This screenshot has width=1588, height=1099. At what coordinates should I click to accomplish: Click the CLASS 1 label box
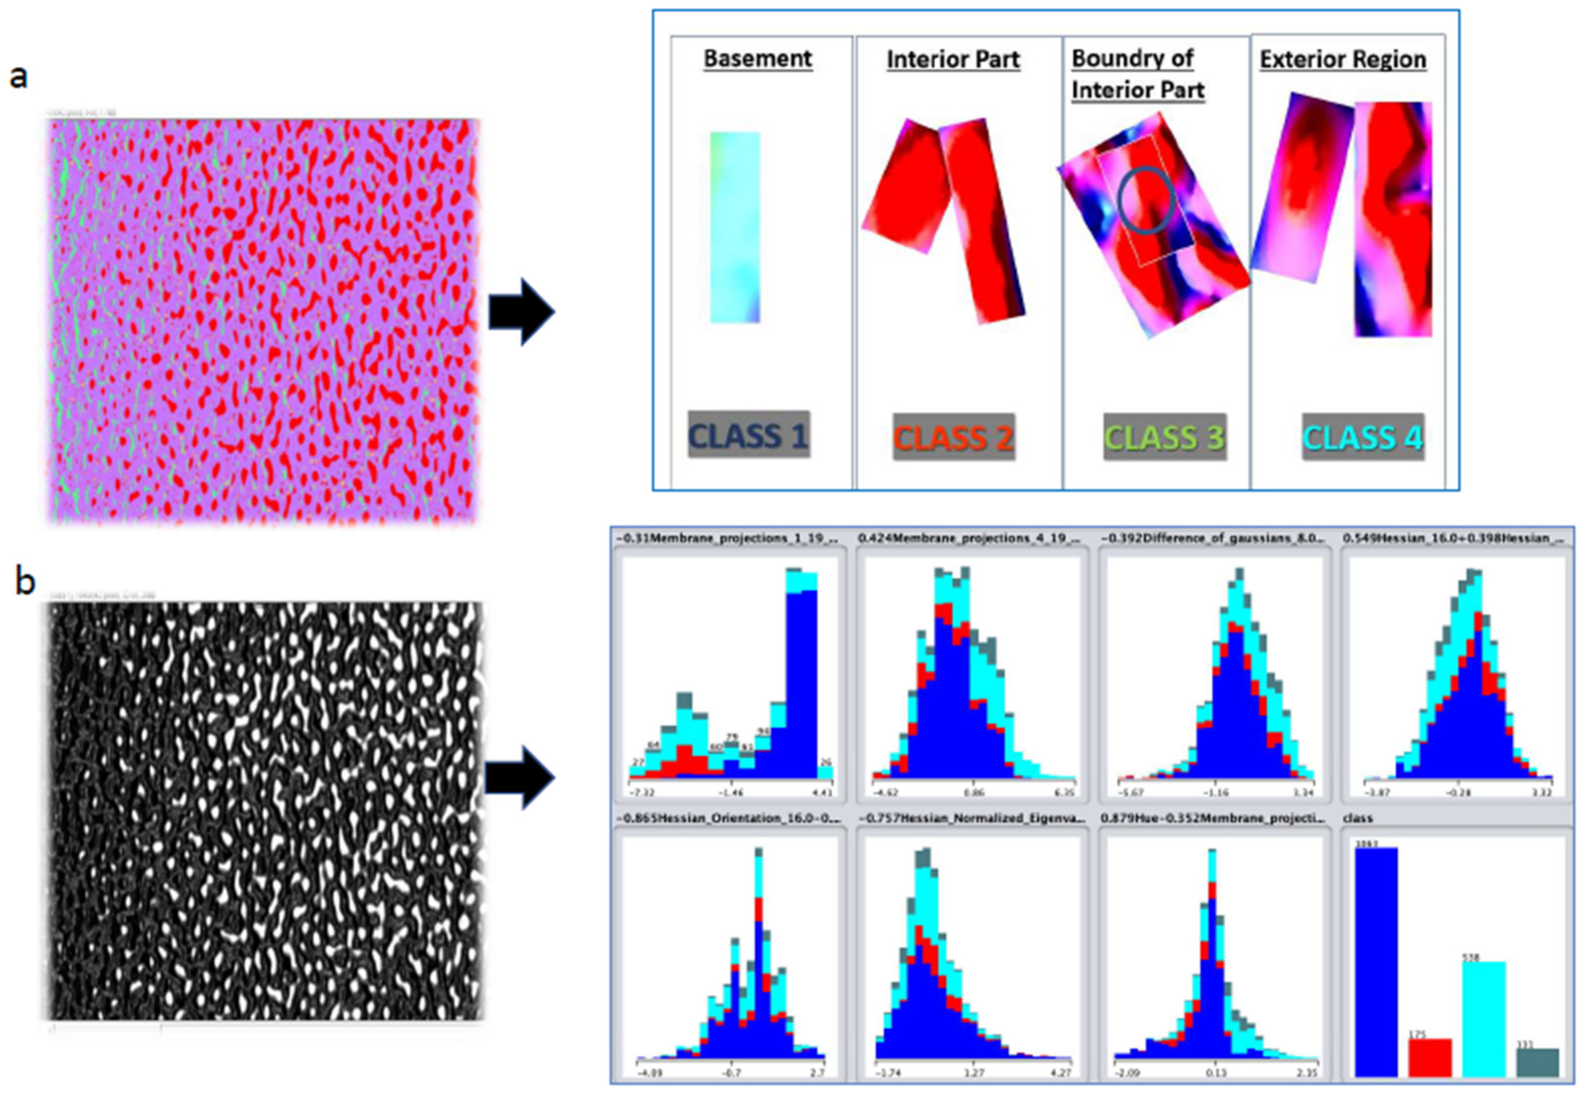[x=748, y=435]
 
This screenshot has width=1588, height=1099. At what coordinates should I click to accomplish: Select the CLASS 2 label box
[x=954, y=437]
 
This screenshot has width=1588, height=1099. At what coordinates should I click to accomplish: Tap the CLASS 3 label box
[x=1165, y=437]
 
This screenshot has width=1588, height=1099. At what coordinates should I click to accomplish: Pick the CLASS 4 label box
[x=1363, y=437]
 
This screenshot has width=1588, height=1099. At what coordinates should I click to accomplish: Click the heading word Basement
[x=757, y=58]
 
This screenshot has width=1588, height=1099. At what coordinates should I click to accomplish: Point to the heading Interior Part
[x=953, y=60]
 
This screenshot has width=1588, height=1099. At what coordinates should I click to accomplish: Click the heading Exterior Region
[x=1343, y=60]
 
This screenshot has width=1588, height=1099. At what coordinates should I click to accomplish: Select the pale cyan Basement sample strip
[x=735, y=227]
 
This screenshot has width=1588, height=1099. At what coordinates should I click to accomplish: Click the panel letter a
[x=19, y=76]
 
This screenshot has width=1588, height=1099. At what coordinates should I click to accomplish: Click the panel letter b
[x=25, y=583]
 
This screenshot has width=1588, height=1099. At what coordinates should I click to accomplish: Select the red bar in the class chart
[x=1429, y=1058]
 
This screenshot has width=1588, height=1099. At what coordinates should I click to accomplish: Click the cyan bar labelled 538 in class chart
[x=1484, y=1019]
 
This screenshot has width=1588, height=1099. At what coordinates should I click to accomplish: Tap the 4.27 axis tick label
[x=1061, y=1073]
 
